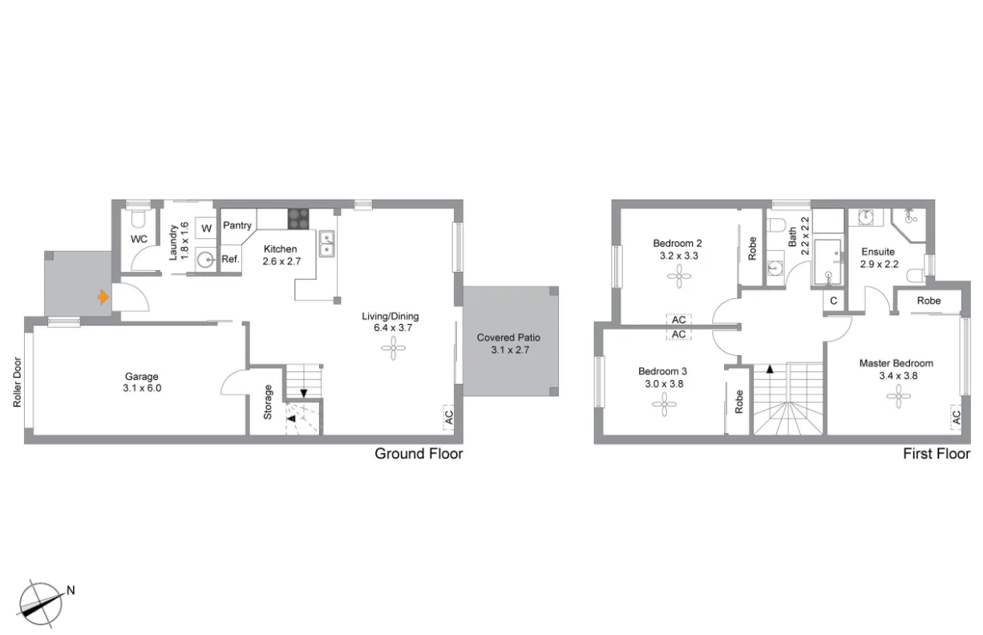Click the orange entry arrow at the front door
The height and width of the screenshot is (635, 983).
pos(102,297)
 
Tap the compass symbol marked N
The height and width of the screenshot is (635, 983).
pos(42,603)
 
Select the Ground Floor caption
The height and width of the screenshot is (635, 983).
pos(419,454)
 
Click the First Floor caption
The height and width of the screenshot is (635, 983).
pos(936,454)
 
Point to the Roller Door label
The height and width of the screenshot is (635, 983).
pos(17,382)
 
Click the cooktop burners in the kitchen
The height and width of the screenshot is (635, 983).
pos(298,218)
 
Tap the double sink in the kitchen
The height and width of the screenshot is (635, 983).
pos(327,244)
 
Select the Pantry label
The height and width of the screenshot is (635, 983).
pos(237,225)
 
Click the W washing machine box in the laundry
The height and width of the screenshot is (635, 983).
pos(206,229)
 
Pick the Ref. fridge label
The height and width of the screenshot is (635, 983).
pos(230,259)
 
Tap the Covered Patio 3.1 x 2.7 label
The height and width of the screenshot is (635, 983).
pos(508,343)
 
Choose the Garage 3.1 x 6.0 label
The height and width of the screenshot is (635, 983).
pos(141,382)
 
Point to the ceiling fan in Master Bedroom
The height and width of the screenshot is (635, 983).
pos(899,396)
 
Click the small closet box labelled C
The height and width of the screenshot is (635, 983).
pos(834,301)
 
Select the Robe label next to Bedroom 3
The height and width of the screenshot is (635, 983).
pos(739,401)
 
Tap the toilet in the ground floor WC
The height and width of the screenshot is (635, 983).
pos(137,218)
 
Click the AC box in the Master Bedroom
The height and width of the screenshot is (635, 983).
pos(956,417)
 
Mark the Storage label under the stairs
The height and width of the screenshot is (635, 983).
pos(268,402)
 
